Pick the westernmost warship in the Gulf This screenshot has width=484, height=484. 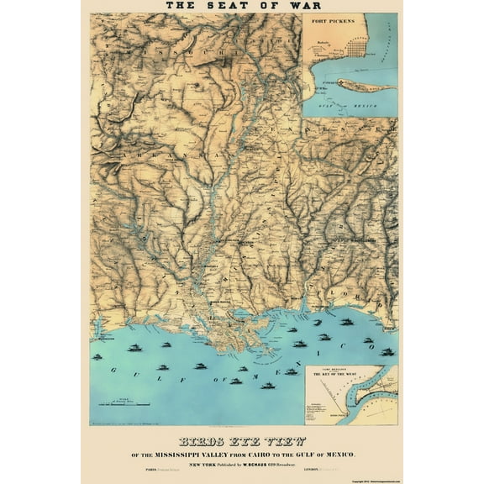click(97, 357)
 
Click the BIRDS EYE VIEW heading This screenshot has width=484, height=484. click(241, 440)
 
